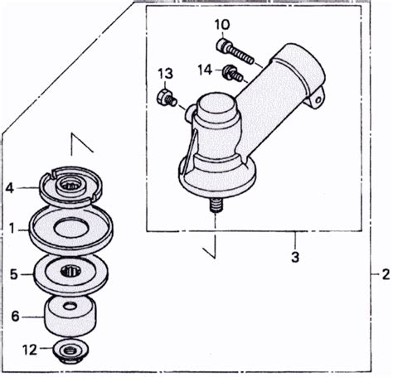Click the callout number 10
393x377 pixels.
222,25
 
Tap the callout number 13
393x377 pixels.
166,74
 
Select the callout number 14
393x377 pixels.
205,70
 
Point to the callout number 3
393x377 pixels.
295,257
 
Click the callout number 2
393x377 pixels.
385,274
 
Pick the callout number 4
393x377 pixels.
10,188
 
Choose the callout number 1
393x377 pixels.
12,229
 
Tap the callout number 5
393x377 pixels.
14,274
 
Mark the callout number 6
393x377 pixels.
15,316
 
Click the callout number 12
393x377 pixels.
30,350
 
